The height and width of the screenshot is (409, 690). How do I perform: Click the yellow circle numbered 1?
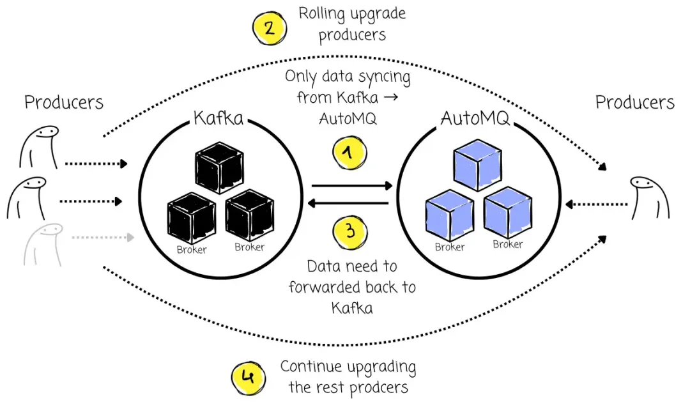(348, 153)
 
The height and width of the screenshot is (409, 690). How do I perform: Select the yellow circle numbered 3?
(349, 231)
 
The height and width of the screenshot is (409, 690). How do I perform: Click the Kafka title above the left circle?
(218, 118)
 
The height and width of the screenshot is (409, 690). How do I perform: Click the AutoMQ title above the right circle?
(475, 118)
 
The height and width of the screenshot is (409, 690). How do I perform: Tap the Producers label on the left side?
(63, 102)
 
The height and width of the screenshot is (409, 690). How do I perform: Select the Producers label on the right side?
(634, 102)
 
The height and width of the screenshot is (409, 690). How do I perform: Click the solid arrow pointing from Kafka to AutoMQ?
(351, 186)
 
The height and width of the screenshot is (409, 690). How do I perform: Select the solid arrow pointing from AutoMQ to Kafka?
(348, 203)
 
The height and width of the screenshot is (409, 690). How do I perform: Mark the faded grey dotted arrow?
(102, 238)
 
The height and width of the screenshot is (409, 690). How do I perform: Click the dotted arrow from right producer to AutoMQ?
(598, 204)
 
